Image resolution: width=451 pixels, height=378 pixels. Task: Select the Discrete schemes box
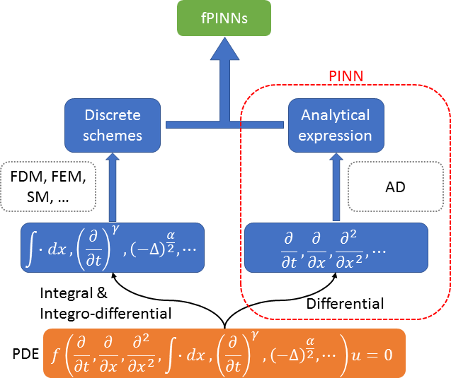[113, 124]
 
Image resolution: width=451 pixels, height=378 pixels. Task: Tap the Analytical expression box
[336, 124]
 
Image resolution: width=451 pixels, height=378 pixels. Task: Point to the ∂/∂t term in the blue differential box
[289, 248]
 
